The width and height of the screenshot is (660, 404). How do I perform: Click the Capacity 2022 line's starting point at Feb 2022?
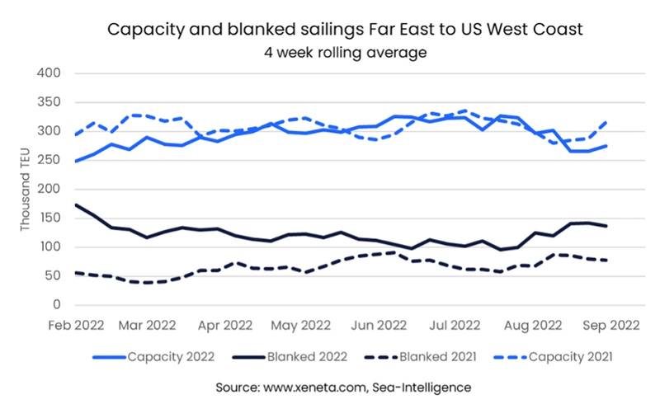click(75, 161)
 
